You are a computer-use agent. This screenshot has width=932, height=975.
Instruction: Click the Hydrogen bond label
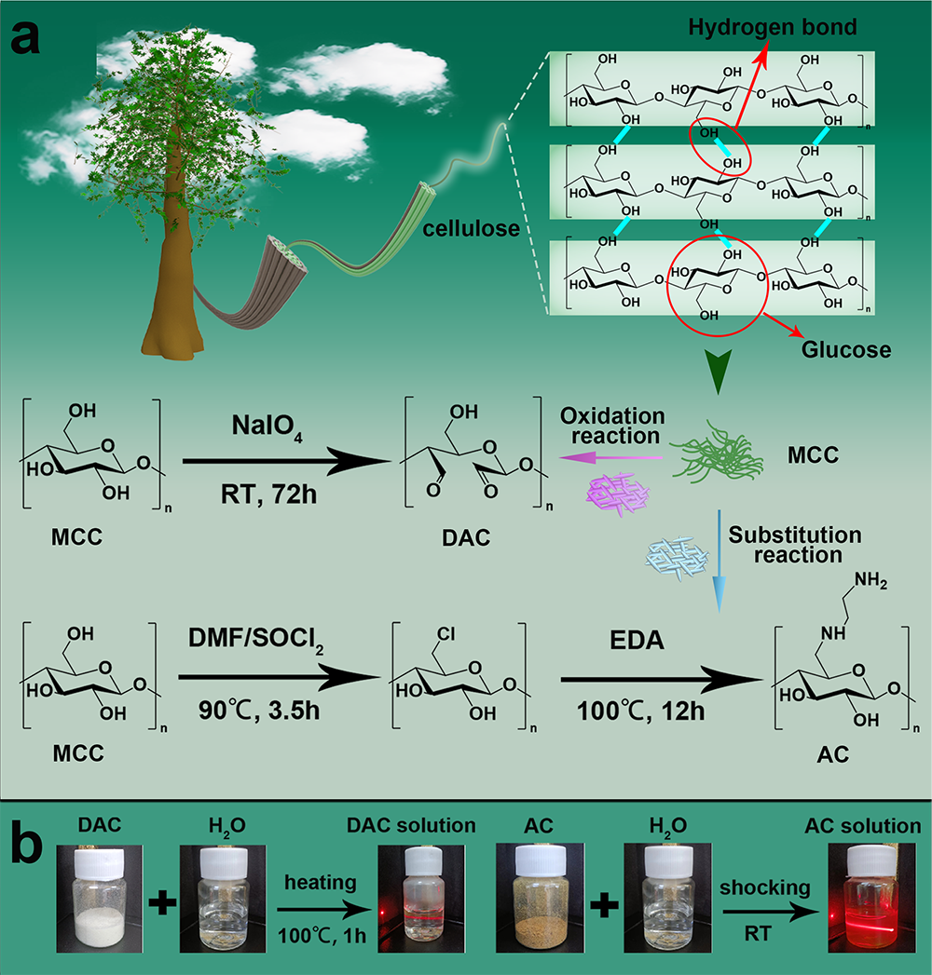(x=773, y=27)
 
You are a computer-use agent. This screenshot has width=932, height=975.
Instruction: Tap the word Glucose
(x=846, y=350)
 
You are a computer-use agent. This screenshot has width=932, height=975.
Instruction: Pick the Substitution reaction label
(x=795, y=546)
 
